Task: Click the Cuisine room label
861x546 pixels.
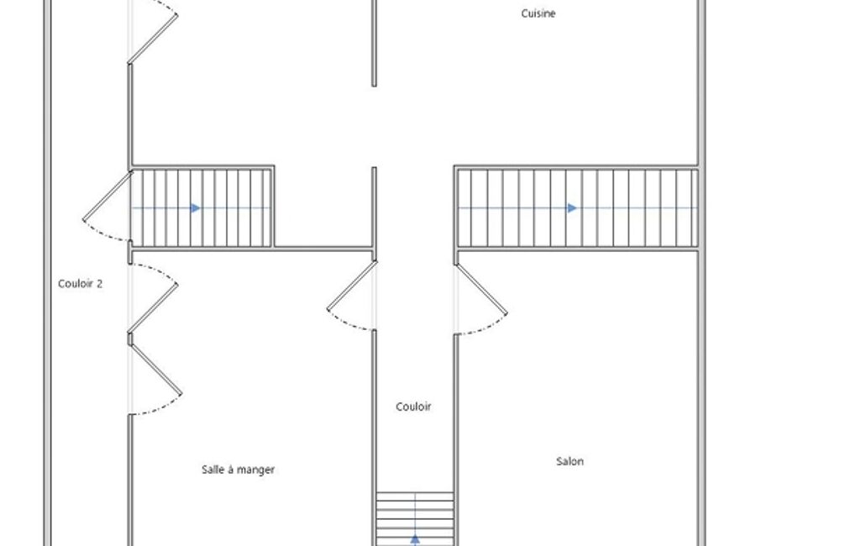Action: click(538, 13)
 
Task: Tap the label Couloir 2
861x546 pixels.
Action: click(80, 284)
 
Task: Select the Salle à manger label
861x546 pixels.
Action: click(238, 470)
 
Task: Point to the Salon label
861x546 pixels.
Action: click(570, 461)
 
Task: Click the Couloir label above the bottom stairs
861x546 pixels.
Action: click(413, 407)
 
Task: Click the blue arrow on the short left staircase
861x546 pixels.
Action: click(196, 208)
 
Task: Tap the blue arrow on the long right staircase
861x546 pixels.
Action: click(572, 208)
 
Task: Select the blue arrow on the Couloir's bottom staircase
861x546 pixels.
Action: click(415, 539)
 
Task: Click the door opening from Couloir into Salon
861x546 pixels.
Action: click(480, 299)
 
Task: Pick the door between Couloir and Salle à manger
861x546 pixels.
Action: click(351, 296)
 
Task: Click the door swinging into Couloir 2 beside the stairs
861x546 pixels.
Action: click(107, 206)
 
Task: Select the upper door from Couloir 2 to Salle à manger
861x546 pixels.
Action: click(153, 298)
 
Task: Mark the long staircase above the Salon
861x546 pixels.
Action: click(578, 208)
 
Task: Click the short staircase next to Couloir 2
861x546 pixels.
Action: click(201, 208)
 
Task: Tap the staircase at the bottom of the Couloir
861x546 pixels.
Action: click(415, 519)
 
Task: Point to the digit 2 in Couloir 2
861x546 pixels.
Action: click(99, 284)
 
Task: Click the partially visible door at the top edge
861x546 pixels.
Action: click(153, 31)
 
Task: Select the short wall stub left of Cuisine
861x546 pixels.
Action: click(374, 43)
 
